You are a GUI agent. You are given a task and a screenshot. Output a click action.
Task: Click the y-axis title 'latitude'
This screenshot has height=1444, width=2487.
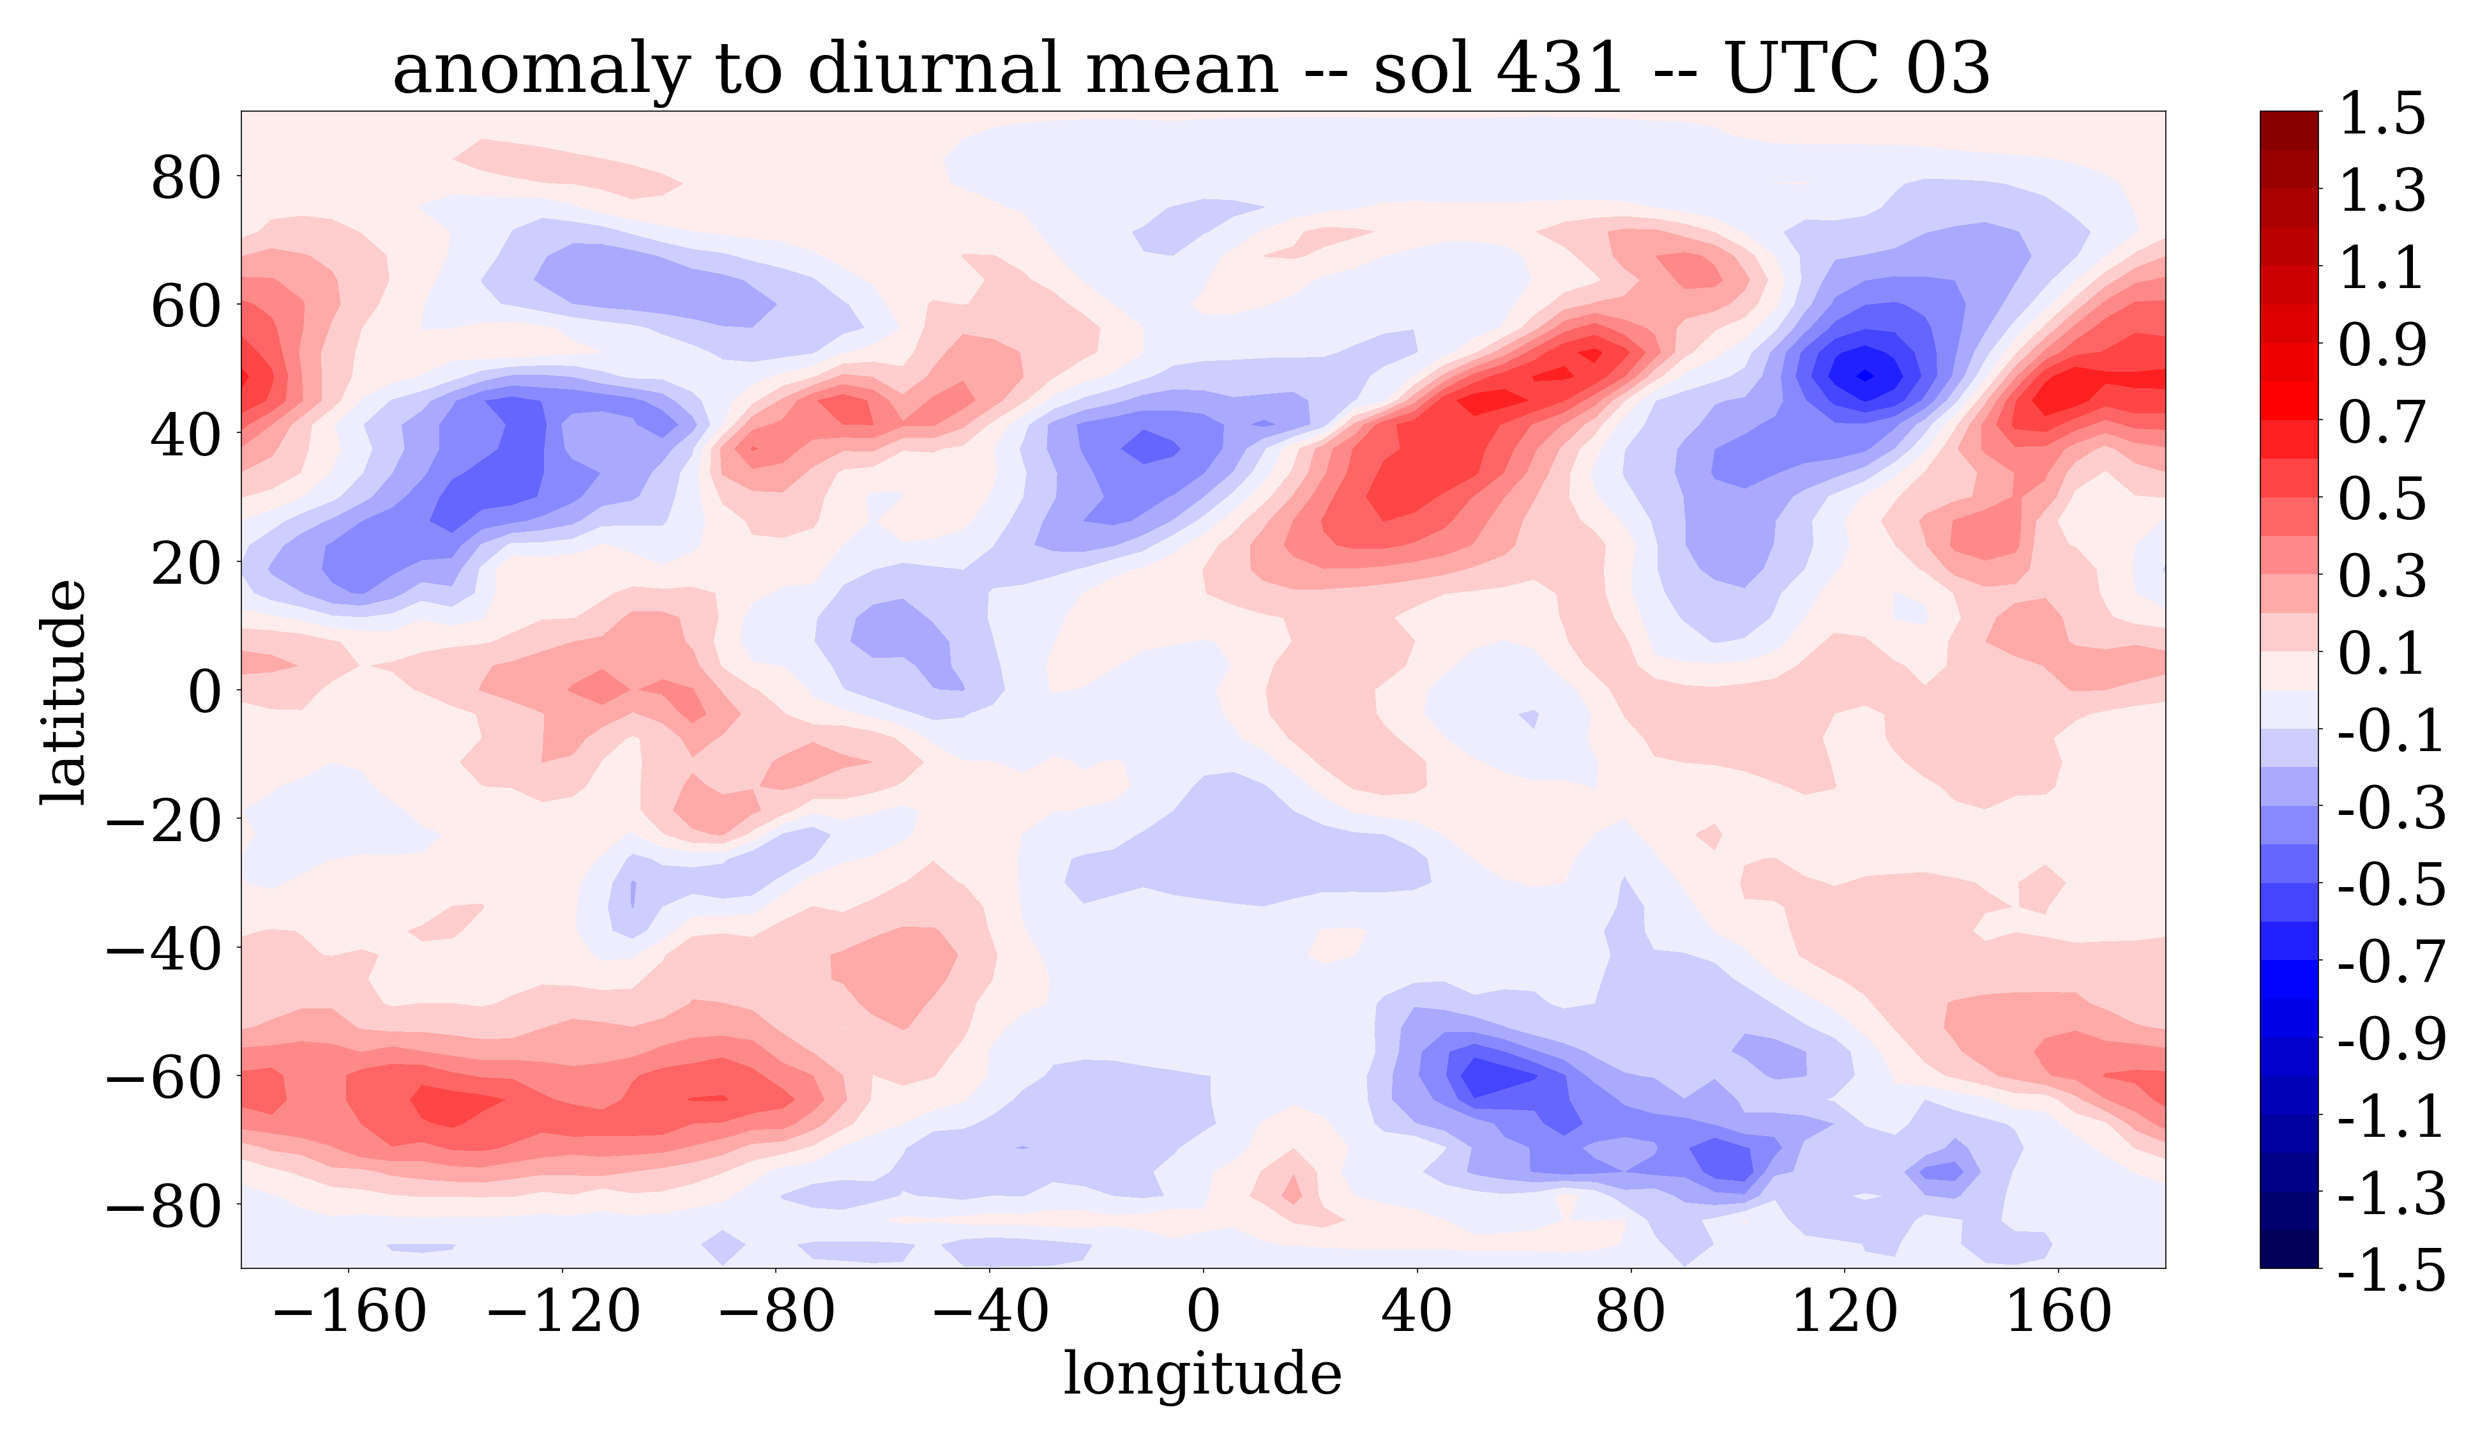(63, 692)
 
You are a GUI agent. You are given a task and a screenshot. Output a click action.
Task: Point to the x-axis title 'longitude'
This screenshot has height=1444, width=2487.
(1202, 1373)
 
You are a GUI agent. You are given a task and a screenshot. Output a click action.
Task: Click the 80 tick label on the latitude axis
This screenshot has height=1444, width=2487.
(186, 179)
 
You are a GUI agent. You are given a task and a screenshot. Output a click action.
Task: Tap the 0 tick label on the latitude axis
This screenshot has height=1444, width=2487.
(205, 692)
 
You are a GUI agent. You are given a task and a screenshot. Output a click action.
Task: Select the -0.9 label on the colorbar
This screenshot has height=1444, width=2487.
(2391, 1038)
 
